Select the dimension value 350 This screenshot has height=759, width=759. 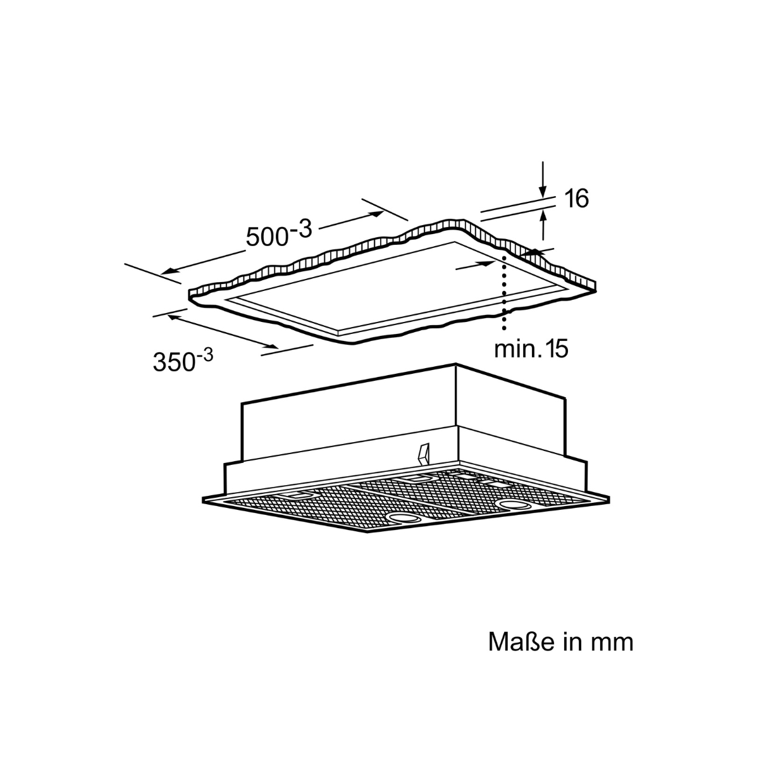point(174,362)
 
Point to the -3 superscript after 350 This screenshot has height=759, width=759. point(204,356)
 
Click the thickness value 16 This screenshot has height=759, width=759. point(577,198)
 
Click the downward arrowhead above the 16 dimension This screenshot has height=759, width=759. point(543,190)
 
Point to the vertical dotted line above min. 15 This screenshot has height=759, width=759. point(503,292)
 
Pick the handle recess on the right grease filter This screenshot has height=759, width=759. point(413,479)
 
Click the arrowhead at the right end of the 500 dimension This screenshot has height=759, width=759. point(376,214)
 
